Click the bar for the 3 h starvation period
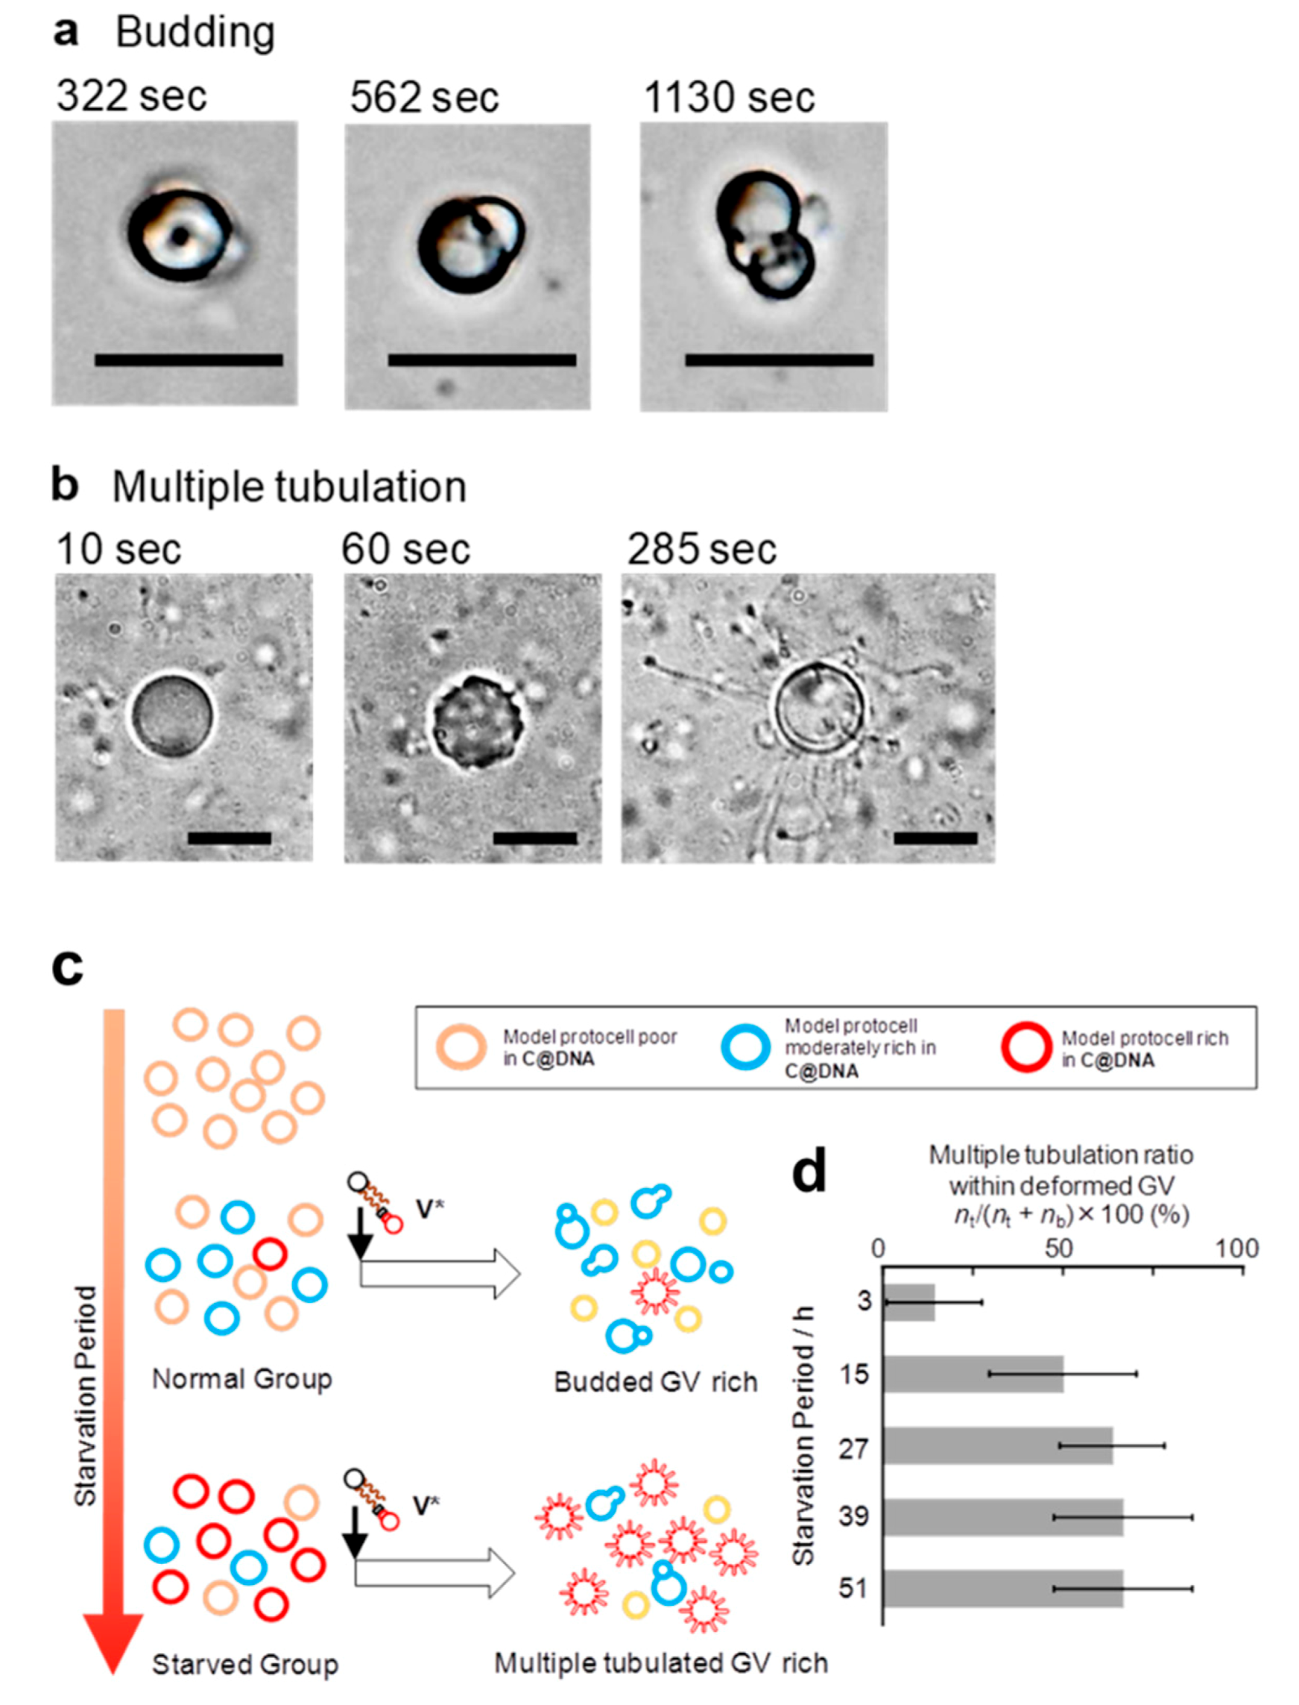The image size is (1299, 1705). (909, 1303)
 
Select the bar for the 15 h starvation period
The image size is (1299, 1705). (973, 1374)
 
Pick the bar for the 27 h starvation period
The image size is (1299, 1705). (998, 1445)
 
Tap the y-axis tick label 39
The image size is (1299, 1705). (853, 1517)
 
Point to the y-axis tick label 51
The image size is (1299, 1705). (853, 1589)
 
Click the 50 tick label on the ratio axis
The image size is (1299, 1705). (1059, 1249)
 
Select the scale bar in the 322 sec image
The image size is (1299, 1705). (189, 359)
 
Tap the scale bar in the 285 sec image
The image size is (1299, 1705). (935, 838)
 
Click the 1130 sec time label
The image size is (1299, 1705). (729, 98)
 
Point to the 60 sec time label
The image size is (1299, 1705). (405, 550)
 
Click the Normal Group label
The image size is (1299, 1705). (242, 1378)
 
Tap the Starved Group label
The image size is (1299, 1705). (245, 1665)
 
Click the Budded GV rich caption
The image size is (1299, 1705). (656, 1381)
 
